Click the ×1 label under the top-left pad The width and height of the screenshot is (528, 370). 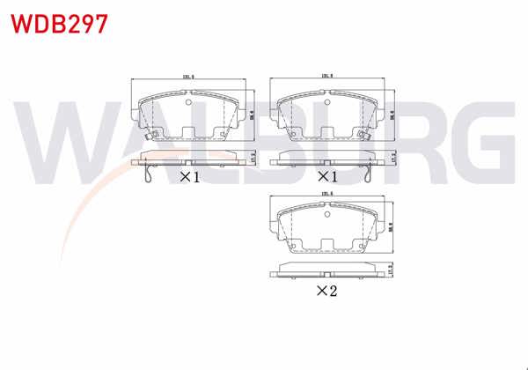[190, 177]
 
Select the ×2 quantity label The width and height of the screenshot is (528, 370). [326, 290]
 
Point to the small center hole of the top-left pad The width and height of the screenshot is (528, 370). [189, 103]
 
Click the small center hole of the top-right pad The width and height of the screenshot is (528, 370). [326, 103]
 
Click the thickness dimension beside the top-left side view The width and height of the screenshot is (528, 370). [251, 159]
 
